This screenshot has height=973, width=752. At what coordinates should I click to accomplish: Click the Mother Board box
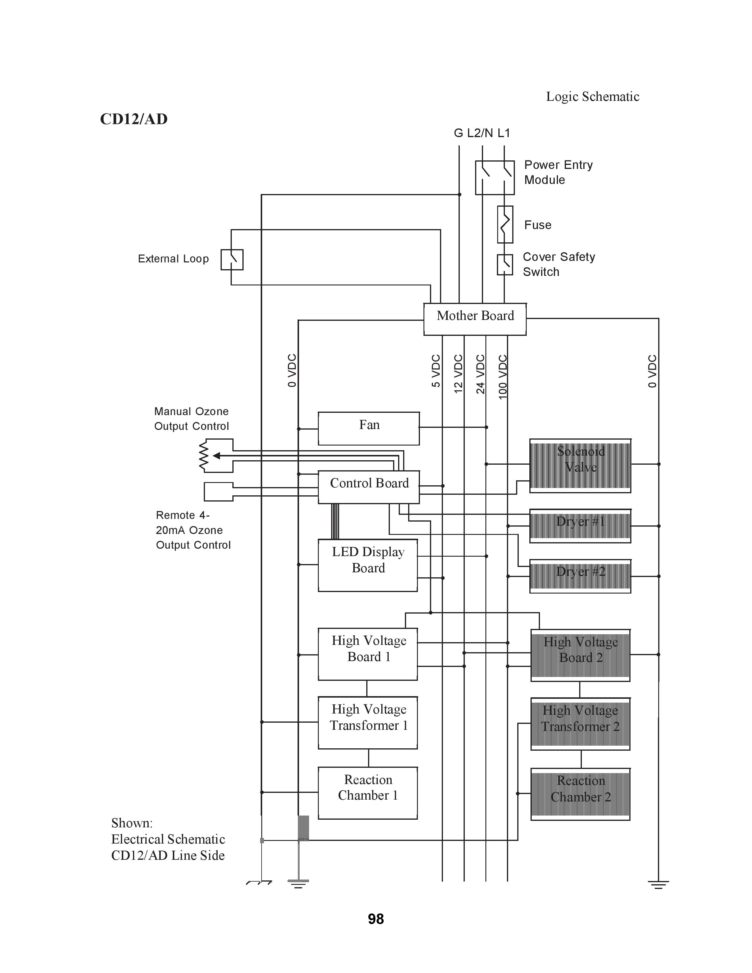475,319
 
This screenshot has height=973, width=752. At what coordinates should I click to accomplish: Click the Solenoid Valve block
580,466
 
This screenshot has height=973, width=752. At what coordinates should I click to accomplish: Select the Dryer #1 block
580,526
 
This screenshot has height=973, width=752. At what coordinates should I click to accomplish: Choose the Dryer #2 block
580,576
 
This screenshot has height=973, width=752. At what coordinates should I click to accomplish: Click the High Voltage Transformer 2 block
580,724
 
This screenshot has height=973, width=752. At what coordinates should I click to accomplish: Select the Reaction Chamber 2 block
580,794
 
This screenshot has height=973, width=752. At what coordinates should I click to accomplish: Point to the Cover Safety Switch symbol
505,265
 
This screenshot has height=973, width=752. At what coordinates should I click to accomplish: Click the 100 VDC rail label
503,377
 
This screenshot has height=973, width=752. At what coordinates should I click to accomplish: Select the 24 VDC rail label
480,374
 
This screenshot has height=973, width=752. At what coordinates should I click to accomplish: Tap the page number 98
376,919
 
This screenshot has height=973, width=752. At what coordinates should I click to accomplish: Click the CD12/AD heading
134,119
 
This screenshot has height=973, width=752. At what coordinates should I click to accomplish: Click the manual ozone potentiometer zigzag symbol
203,455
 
